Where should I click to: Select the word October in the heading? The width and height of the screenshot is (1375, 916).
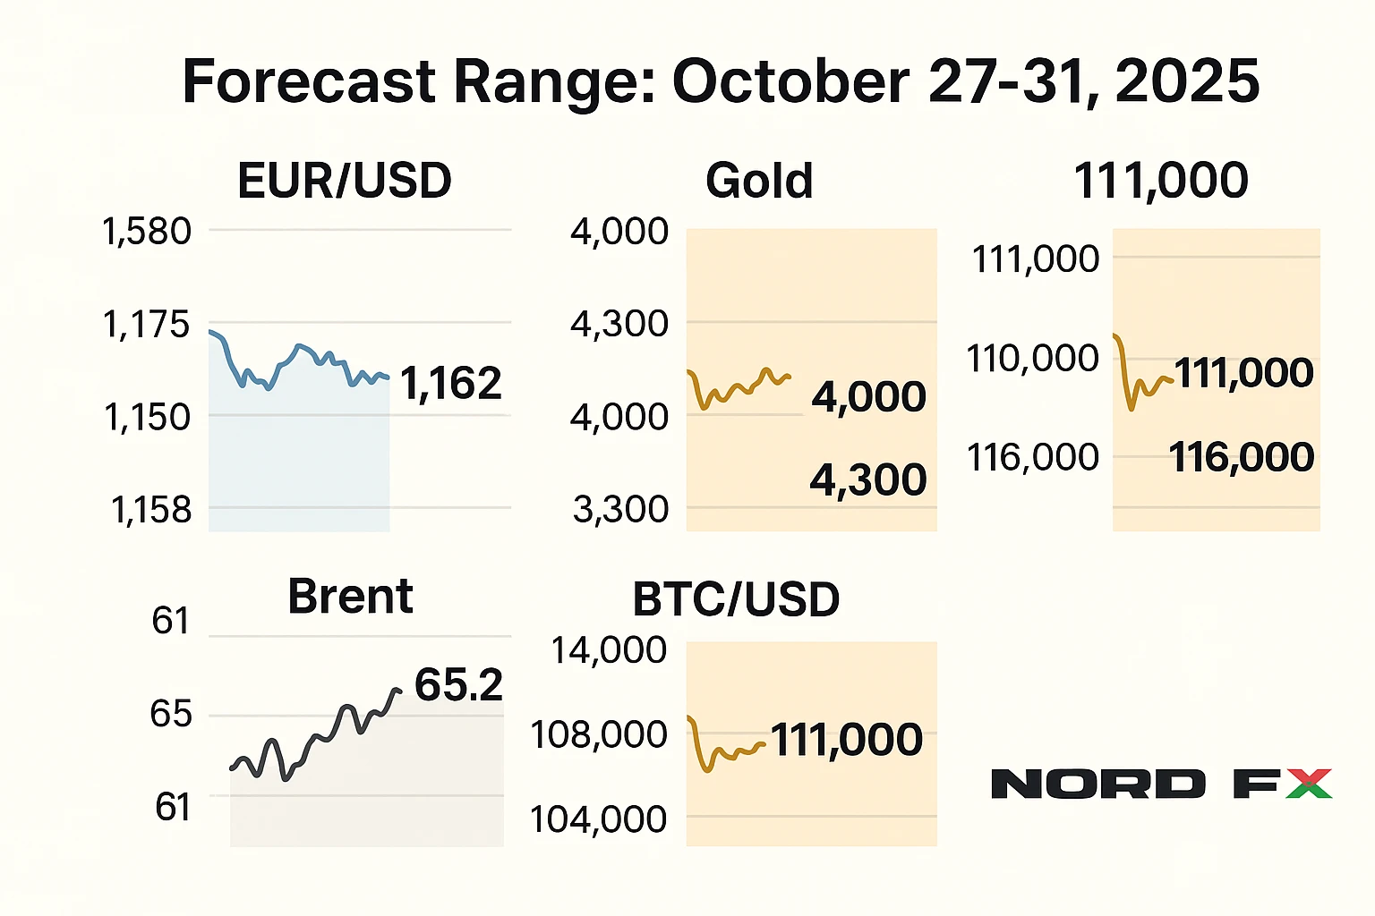[791, 81]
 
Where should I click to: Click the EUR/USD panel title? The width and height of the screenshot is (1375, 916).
[345, 181]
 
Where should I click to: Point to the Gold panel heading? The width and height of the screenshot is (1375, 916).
[759, 181]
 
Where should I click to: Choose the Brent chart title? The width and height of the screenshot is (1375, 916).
[350, 597]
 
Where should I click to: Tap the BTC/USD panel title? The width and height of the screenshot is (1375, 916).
[736, 599]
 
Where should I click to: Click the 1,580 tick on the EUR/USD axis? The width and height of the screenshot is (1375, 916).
[148, 232]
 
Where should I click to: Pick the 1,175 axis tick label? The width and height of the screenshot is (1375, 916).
[147, 325]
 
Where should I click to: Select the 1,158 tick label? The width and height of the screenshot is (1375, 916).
[151, 510]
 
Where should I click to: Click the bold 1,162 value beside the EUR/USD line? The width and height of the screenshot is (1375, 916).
[450, 384]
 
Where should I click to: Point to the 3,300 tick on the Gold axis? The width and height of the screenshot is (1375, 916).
[620, 510]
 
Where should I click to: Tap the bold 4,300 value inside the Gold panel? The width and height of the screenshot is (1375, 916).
[867, 480]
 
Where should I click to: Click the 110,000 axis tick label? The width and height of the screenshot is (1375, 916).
[1032, 359]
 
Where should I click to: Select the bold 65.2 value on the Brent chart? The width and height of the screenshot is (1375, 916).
[458, 685]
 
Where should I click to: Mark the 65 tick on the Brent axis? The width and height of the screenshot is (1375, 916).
[171, 714]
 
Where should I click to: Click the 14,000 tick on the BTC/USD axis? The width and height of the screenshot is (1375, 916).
[609, 650]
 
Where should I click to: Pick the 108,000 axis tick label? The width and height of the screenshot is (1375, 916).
[599, 735]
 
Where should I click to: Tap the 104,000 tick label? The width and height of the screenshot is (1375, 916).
[599, 819]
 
